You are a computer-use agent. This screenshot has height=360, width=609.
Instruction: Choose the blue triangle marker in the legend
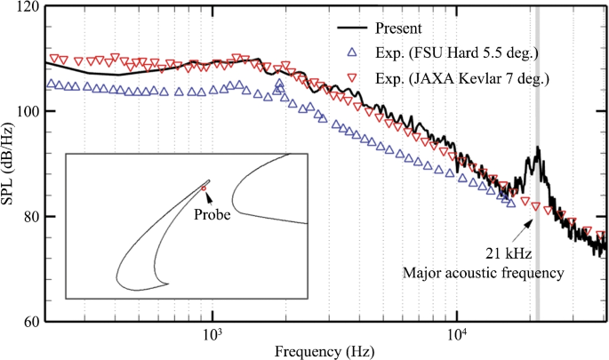tap(357, 52)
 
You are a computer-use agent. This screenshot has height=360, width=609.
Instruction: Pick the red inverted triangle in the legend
tap(357, 78)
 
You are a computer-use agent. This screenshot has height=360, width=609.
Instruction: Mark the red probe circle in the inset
tap(203, 188)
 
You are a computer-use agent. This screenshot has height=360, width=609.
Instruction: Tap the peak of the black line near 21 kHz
tap(537, 148)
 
